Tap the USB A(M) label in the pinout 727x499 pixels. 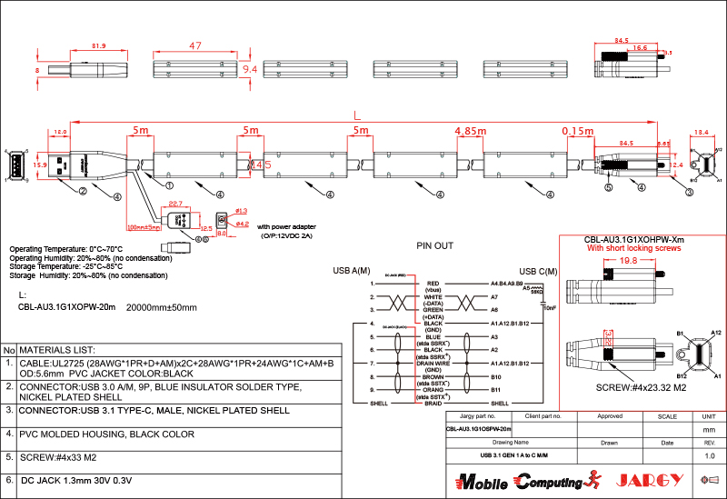352,271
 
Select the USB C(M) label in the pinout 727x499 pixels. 538,271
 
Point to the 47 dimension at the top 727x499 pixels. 194,45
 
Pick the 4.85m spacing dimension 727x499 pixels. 471,131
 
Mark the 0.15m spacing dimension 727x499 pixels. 578,131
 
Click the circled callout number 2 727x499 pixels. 82,191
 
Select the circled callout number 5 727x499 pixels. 609,188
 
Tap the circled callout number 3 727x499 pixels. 689,192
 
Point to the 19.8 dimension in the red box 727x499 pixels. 628,260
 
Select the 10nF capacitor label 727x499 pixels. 550,308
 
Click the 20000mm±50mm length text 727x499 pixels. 161,307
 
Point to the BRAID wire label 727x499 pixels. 433,402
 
